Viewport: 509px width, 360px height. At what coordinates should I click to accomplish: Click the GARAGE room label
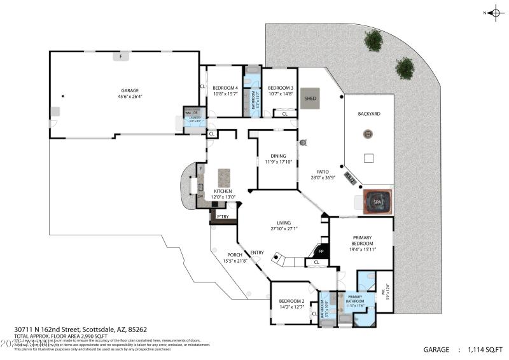[x=129, y=90]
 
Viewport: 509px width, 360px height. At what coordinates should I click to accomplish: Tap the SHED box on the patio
[x=310, y=99]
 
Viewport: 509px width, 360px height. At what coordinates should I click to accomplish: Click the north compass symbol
[x=494, y=12]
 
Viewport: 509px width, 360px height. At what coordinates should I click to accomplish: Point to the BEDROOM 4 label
[x=225, y=88]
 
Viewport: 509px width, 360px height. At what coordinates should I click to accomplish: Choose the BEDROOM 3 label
[x=280, y=88]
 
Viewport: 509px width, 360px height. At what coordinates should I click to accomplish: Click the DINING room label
[x=277, y=156]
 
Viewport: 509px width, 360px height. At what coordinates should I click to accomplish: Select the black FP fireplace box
[x=321, y=251]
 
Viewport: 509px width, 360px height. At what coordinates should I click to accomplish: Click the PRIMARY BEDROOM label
[x=361, y=240]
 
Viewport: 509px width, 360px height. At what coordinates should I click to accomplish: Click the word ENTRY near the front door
[x=257, y=253]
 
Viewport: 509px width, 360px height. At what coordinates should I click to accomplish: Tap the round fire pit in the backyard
[x=367, y=134]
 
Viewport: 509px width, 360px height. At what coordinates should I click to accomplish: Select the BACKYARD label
[x=368, y=114]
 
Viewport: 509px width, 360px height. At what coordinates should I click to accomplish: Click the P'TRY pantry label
[x=223, y=217]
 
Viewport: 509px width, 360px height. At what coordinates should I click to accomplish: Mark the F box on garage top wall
[x=120, y=57]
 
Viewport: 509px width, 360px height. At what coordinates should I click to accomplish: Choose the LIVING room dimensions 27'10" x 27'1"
[x=283, y=228]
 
